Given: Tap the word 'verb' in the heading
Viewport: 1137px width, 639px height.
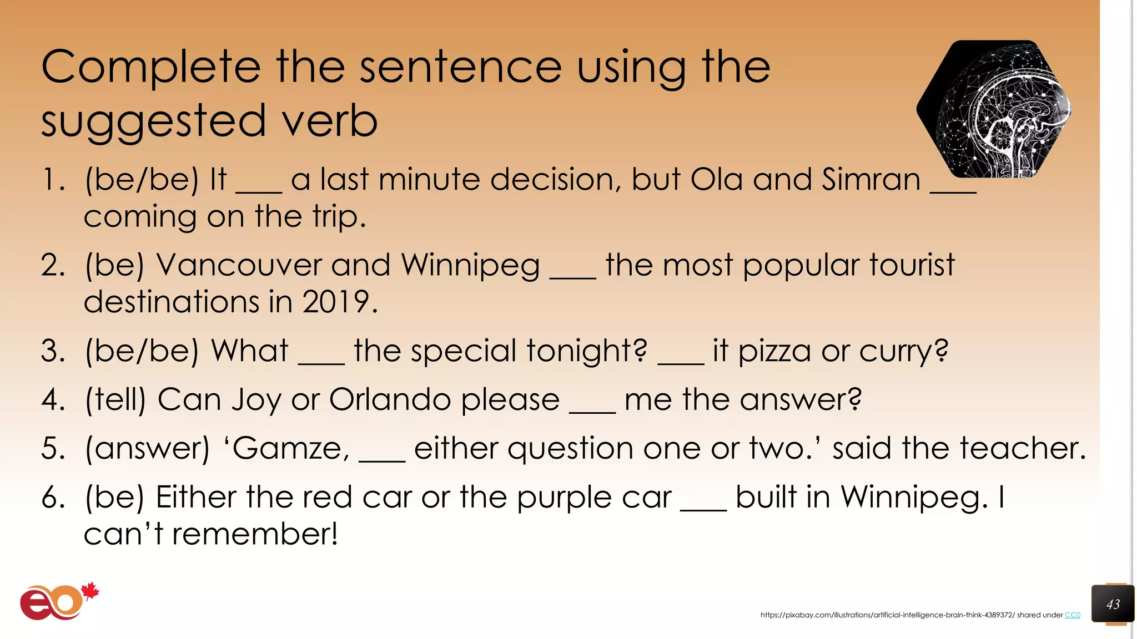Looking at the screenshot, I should [x=330, y=121].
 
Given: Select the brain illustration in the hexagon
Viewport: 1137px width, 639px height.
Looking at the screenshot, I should [x=994, y=109].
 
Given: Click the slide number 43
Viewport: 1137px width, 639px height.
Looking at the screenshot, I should [x=1113, y=604].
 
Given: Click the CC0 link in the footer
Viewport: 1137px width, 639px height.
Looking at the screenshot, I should [x=1072, y=615].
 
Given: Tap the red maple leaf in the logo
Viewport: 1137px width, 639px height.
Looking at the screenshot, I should [x=89, y=591].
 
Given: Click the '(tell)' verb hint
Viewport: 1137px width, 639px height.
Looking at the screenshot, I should [x=115, y=399].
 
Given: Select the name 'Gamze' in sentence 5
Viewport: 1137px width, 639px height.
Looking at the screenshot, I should [x=291, y=448].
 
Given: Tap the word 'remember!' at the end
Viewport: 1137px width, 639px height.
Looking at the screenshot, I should [x=255, y=534].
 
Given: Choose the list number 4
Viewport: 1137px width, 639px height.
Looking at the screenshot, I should [x=53, y=400].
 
